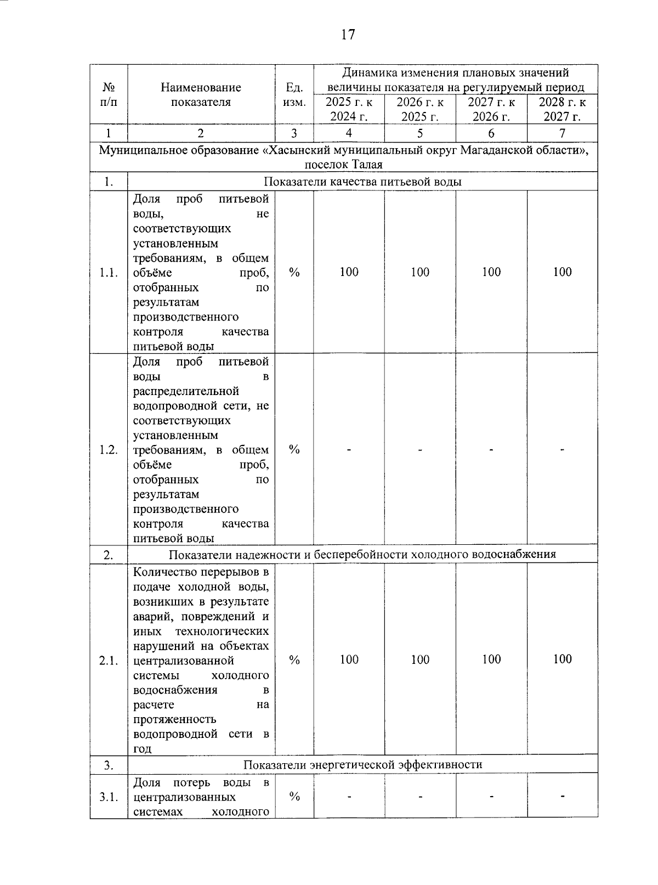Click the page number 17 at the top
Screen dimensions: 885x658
click(348, 35)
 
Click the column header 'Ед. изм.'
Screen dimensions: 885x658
click(294, 94)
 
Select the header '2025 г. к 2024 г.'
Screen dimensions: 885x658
click(349, 109)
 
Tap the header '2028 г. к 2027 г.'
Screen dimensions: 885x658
click(562, 109)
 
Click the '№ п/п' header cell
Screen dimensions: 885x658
click(109, 94)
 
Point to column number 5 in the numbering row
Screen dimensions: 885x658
click(420, 133)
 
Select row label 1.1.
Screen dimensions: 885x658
click(109, 273)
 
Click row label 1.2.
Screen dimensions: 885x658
click(109, 450)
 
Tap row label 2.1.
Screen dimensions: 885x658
click(109, 660)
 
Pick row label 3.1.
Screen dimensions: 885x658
click(109, 797)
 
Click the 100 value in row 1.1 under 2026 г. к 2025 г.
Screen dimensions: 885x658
click(420, 272)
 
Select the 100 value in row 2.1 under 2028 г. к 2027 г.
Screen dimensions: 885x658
click(562, 659)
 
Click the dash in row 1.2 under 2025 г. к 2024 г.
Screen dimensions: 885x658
click(349, 450)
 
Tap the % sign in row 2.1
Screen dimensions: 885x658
click(294, 660)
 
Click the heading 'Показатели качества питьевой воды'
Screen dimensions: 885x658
click(362, 182)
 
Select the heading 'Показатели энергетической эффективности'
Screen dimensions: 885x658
click(362, 764)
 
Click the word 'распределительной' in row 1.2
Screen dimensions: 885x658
click(186, 391)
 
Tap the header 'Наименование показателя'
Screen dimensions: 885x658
click(201, 94)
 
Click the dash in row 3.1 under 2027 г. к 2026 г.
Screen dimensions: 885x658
click(491, 797)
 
